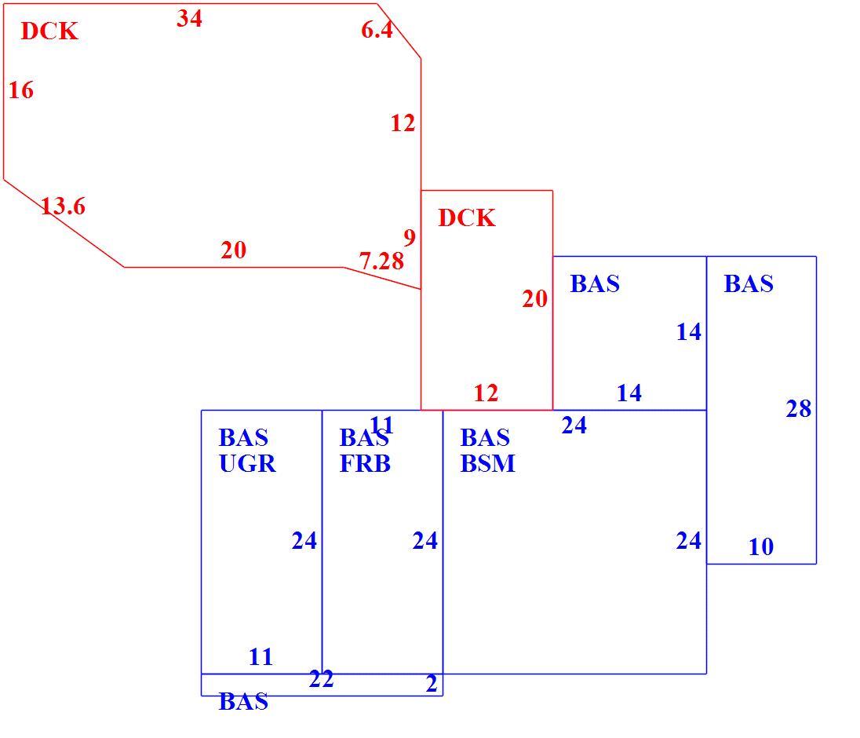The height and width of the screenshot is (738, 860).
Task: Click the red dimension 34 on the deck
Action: (189, 19)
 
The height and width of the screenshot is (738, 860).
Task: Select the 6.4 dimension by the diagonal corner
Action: (377, 30)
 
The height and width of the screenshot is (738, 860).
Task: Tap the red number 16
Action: (21, 90)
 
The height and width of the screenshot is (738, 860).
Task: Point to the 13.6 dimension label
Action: (63, 206)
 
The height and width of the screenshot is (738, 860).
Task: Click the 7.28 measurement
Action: (381, 261)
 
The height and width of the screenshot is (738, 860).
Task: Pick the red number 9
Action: (410, 238)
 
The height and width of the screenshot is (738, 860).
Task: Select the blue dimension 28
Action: (798, 409)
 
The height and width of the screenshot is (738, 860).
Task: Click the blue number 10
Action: (760, 546)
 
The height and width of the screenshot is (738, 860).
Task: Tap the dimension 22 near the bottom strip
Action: (321, 679)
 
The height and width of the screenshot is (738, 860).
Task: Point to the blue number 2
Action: (432, 684)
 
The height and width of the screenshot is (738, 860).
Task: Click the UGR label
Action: (247, 464)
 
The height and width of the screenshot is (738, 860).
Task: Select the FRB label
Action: (365, 464)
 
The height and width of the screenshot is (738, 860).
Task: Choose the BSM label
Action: (487, 464)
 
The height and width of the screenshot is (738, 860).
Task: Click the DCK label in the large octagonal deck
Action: (49, 31)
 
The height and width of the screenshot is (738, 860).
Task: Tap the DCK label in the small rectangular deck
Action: (467, 217)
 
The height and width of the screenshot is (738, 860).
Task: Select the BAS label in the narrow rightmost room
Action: (749, 283)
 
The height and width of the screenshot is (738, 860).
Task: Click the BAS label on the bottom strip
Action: (243, 701)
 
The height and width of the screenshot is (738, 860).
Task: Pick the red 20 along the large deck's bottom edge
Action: (234, 250)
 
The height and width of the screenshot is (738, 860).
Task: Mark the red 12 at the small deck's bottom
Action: (486, 393)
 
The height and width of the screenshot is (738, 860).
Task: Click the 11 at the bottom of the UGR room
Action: (261, 657)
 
